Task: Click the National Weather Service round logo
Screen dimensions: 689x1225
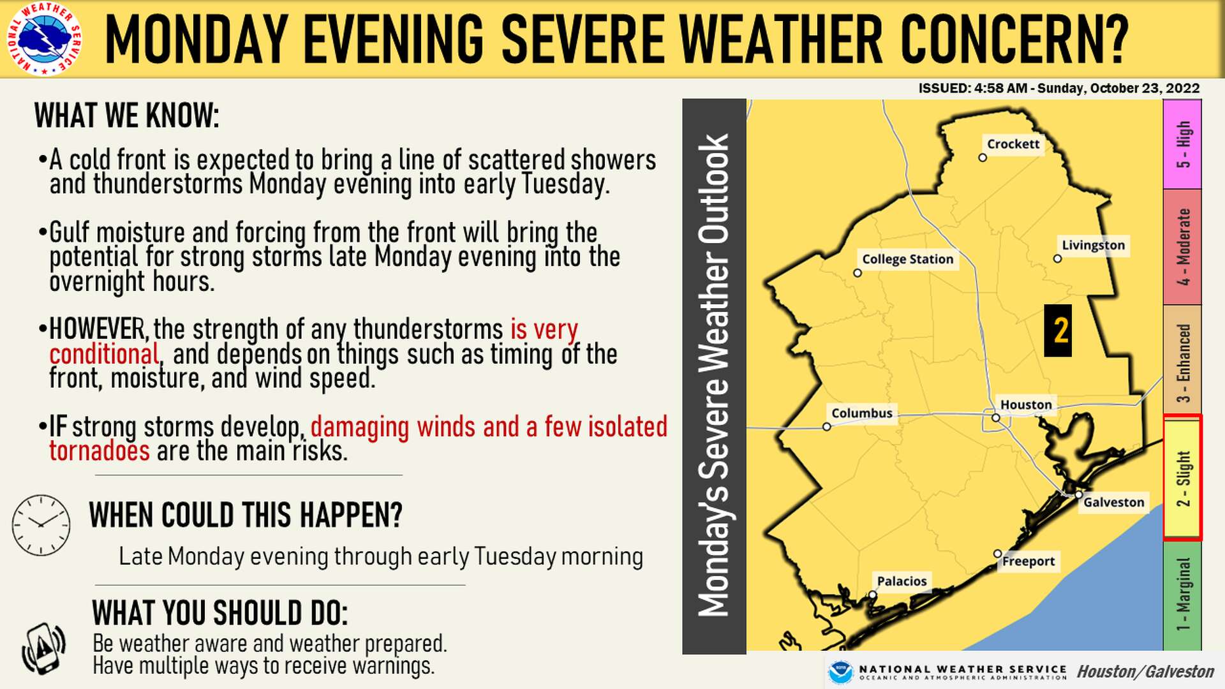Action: tap(44, 38)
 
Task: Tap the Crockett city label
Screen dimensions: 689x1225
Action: tap(1013, 144)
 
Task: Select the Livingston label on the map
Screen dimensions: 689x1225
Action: tap(1092, 246)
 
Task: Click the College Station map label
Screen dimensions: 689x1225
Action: tap(907, 259)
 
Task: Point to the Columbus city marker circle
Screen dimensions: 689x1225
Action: tap(826, 427)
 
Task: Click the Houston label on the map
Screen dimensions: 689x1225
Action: tap(1025, 404)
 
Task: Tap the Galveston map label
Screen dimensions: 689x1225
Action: tap(1113, 502)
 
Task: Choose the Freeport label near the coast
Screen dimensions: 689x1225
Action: tap(1028, 561)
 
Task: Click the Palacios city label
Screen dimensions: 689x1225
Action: tap(901, 581)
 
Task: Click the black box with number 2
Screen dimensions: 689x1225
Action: tap(1057, 330)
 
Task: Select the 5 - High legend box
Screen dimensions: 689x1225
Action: tap(1182, 144)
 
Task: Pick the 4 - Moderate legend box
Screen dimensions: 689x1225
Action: tap(1182, 247)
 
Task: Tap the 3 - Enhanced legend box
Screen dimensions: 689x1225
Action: tap(1182, 360)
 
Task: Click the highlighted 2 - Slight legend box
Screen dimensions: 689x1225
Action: tap(1182, 477)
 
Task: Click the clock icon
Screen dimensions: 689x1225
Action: tap(41, 524)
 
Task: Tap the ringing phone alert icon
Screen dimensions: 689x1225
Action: tap(43, 649)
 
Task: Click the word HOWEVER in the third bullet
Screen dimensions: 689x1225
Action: tap(98, 330)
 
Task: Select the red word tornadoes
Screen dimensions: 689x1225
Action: tap(100, 451)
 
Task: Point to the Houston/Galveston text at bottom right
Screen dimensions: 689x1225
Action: tap(1145, 672)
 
